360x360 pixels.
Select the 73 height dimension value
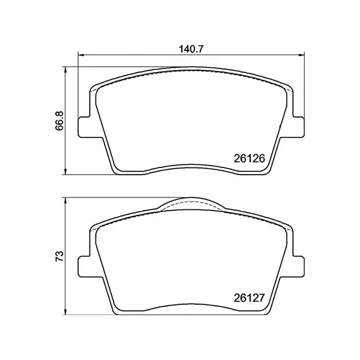[x=58, y=257]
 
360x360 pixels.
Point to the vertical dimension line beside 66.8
[x=66, y=150]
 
